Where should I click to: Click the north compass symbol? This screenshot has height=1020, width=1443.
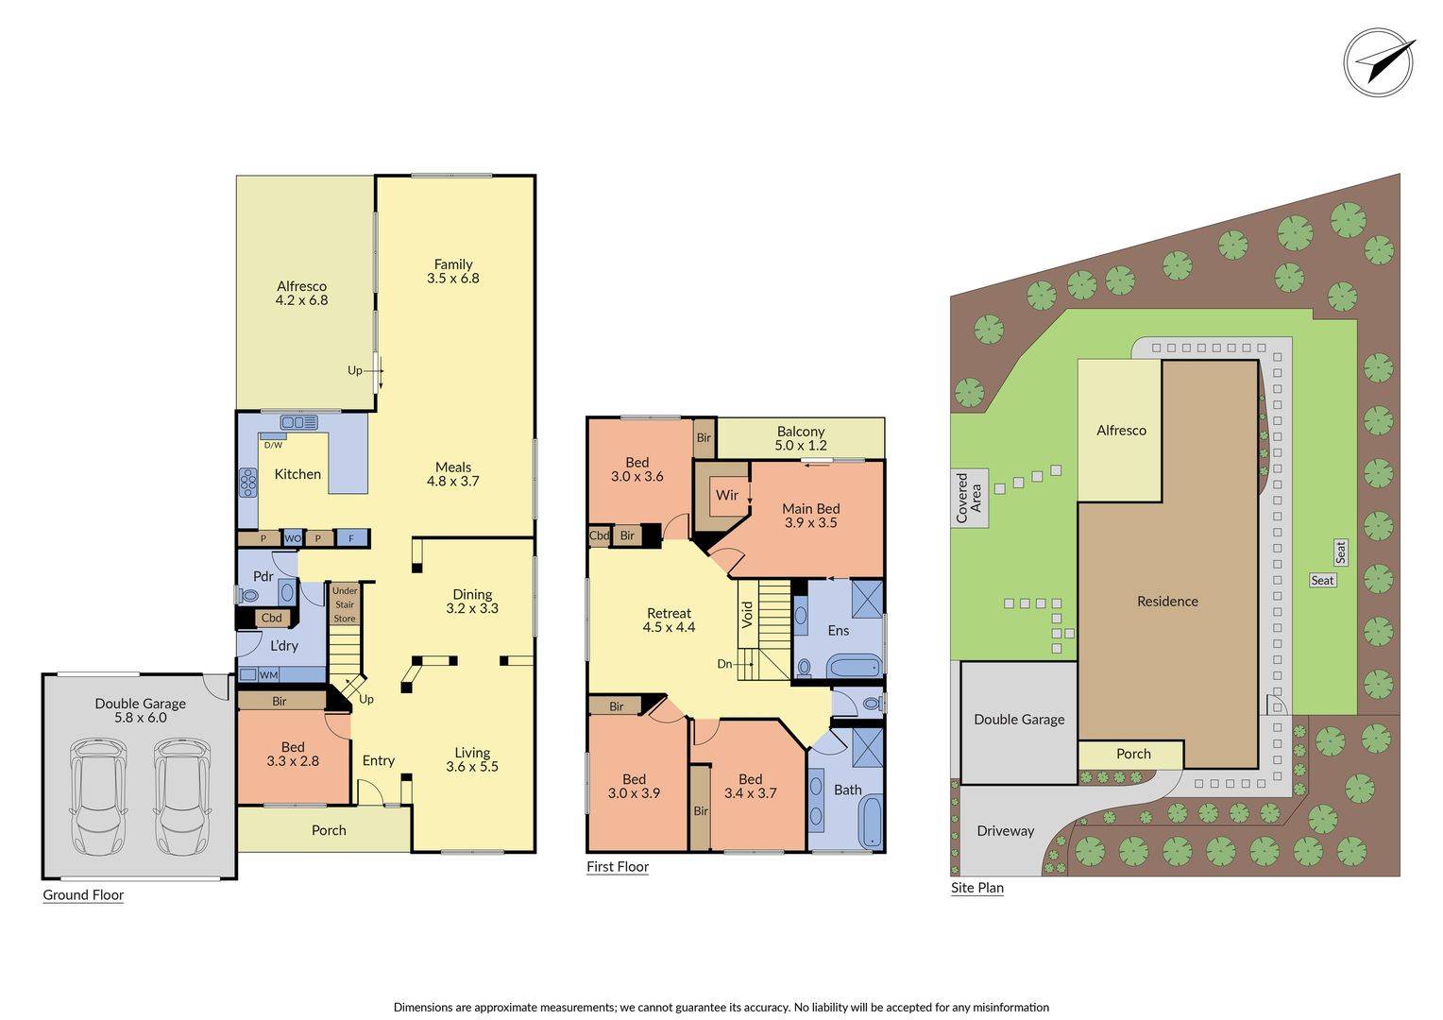pos(1379,63)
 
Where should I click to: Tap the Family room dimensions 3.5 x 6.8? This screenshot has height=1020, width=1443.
pos(453,279)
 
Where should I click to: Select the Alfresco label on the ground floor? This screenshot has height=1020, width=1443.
pos(301,286)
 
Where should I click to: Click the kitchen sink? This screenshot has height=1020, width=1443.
pos(299,423)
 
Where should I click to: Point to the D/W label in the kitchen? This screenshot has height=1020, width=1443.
pos(273,445)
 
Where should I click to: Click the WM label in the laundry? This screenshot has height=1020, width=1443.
pos(268,675)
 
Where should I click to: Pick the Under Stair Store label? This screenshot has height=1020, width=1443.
pos(345,604)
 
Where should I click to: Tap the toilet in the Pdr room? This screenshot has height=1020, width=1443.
pos(248,596)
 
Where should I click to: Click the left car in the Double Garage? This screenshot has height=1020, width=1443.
pos(98,796)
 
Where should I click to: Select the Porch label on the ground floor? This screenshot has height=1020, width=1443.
pos(329,830)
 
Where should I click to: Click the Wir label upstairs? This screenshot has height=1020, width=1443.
pos(726,495)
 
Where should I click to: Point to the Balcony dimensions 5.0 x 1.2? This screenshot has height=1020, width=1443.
pos(801,445)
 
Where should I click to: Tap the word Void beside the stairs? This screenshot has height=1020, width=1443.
pos(747,614)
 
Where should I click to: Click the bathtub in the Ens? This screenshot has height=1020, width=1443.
pos(855,666)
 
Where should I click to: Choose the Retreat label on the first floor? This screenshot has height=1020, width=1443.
pos(669,614)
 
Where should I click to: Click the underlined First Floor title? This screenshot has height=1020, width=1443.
pos(617,867)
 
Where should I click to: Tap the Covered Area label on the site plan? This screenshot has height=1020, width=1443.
pos(969,498)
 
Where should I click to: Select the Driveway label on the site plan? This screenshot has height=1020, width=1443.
pos(1005,831)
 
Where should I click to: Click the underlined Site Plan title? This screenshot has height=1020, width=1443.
pos(977,888)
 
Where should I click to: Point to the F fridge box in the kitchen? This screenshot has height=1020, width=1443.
pos(351,538)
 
